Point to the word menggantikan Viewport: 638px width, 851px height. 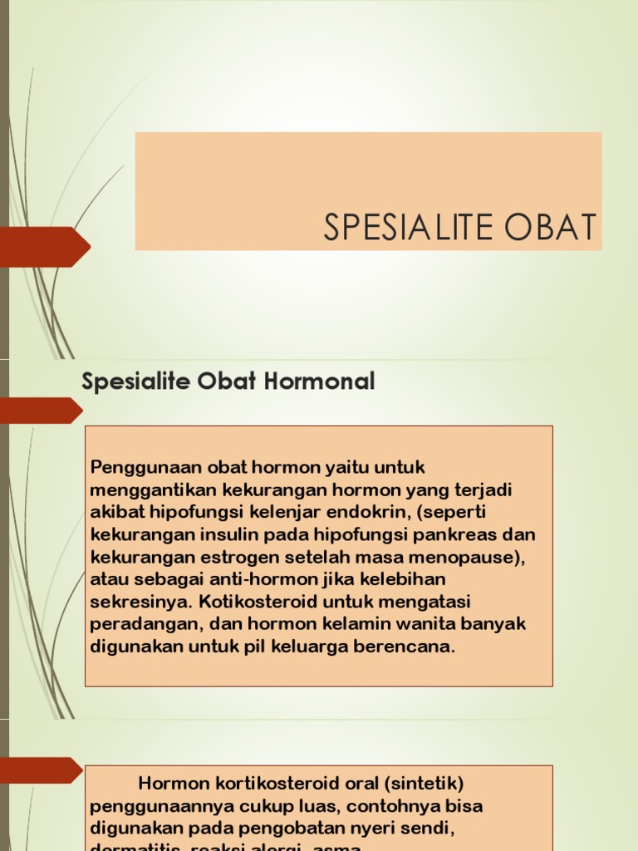pos(144,489)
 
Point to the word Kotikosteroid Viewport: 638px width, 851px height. pos(277,601)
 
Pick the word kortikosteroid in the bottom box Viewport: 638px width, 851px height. pos(282,784)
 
